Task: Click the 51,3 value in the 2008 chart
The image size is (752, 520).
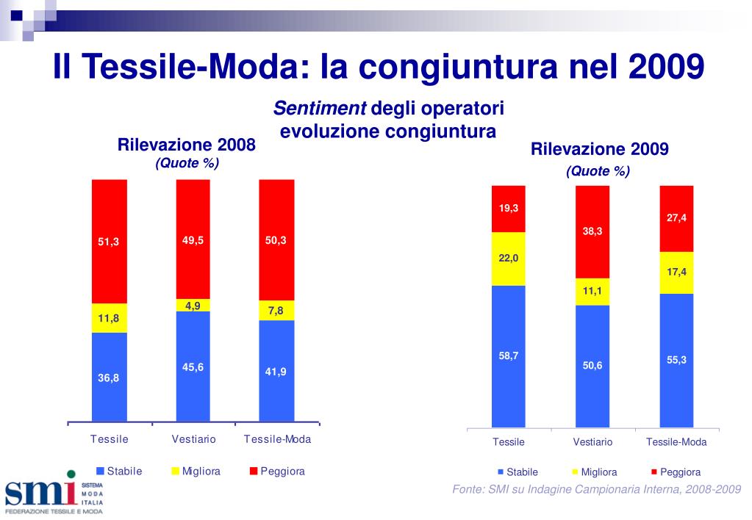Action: [x=109, y=242]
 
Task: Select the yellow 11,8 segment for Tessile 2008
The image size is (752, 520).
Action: [x=109, y=318]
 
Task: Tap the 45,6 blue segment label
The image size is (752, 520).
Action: [x=193, y=367]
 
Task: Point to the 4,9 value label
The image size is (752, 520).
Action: [x=193, y=306]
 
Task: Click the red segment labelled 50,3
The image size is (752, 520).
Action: [x=276, y=240]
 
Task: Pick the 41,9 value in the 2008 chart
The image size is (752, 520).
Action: [x=276, y=372]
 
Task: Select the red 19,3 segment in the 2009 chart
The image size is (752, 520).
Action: [x=509, y=209]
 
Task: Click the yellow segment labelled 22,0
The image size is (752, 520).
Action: [x=509, y=259]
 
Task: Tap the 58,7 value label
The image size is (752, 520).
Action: [x=509, y=355]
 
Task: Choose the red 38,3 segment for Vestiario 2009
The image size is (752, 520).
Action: [x=592, y=231]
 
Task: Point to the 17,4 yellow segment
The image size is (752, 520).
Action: [x=676, y=272]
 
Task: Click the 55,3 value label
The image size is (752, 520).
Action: [x=676, y=359]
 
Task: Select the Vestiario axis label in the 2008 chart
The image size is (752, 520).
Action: [x=193, y=439]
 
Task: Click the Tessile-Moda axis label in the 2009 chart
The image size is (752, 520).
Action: [x=676, y=442]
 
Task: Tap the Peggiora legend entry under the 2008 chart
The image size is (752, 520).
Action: [x=277, y=471]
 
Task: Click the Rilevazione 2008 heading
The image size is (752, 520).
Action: [x=187, y=145]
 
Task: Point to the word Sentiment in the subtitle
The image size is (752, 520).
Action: [x=320, y=109]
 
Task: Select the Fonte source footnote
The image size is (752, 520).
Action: [x=595, y=490]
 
